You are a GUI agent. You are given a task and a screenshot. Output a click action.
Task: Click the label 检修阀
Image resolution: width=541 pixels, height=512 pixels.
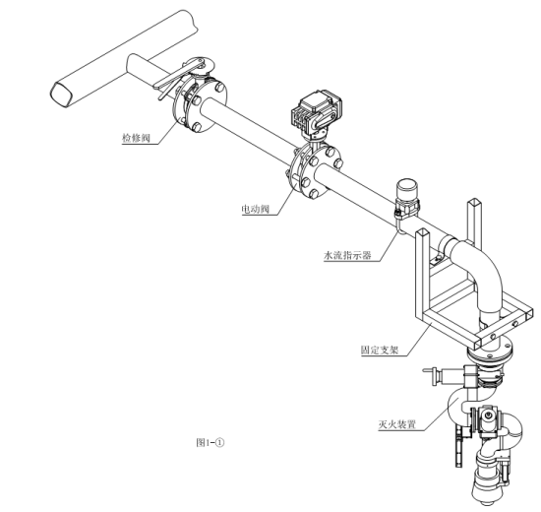click(x=137, y=138)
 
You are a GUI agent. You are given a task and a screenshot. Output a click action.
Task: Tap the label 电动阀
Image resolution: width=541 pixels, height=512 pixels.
click(x=255, y=209)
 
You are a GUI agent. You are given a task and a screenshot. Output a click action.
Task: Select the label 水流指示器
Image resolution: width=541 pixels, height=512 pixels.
click(x=347, y=255)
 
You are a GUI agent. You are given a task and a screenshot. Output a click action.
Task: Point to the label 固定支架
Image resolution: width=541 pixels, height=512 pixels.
click(x=380, y=350)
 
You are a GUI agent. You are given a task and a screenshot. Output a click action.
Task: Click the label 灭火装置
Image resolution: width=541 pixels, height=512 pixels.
click(x=396, y=424)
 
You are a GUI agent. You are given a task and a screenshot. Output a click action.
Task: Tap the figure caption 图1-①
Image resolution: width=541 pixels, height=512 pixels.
click(x=210, y=442)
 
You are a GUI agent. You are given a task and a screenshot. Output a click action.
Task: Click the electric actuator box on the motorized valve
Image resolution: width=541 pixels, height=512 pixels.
click(x=316, y=111)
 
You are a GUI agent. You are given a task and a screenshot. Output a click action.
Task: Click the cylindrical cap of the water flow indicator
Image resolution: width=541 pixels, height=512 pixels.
click(x=406, y=189)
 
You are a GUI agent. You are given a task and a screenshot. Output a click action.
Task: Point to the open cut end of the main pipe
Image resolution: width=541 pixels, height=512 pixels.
click(x=62, y=94)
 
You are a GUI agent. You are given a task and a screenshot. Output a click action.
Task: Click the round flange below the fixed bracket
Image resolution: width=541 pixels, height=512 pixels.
click(x=489, y=351)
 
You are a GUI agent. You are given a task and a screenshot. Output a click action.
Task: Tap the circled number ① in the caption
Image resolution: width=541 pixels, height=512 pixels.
click(x=220, y=442)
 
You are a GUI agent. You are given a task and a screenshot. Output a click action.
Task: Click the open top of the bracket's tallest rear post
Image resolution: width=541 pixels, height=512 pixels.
click(x=474, y=201)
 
